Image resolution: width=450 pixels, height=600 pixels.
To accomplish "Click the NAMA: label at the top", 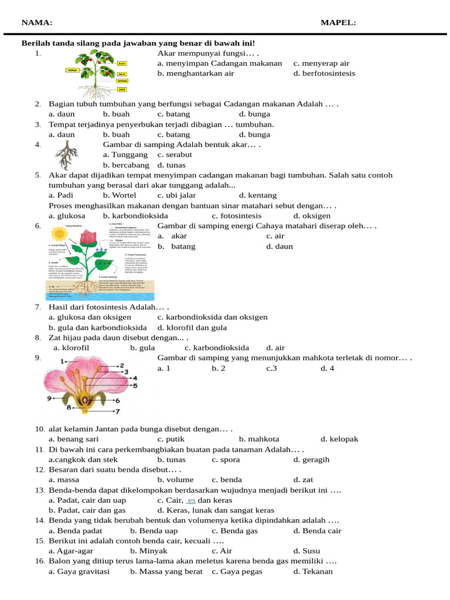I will pos(36,23).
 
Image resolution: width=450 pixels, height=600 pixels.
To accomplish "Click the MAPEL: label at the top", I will pos(338,23).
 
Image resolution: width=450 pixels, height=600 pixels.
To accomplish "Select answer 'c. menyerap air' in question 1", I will pos(321,63).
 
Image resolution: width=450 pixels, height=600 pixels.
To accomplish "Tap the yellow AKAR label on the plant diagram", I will pos(122,90).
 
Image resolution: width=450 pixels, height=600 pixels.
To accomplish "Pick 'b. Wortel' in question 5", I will pos(120,195).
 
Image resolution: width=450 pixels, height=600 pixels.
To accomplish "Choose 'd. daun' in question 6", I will pos(279,247).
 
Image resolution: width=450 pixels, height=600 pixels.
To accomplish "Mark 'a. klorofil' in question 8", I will pos(71,347).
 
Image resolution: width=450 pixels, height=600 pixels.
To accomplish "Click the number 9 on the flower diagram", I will pos(49,398).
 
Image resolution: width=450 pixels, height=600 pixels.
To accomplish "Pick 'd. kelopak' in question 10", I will pos(339,439).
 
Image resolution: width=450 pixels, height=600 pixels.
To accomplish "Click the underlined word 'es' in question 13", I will pos(191,500).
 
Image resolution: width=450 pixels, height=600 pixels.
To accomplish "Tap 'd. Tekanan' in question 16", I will pos(313,571).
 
